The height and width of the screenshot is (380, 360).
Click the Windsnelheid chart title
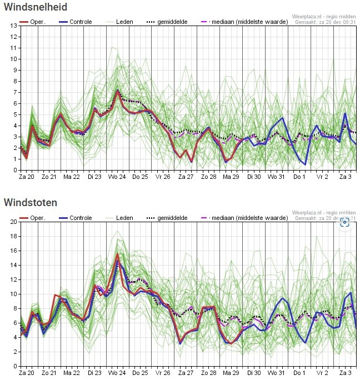click(36, 7)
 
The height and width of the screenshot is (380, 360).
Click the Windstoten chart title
click(31, 202)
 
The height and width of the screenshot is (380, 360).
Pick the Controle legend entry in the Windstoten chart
click(76, 218)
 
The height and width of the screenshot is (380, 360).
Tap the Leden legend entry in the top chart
click(119, 22)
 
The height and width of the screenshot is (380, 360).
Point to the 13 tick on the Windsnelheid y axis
click(13, 26)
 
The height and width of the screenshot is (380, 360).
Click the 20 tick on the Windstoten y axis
click(13, 222)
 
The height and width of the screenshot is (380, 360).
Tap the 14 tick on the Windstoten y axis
click(13, 265)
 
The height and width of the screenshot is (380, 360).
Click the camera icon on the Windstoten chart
click(344, 222)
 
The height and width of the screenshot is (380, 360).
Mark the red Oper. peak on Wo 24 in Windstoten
click(117, 254)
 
